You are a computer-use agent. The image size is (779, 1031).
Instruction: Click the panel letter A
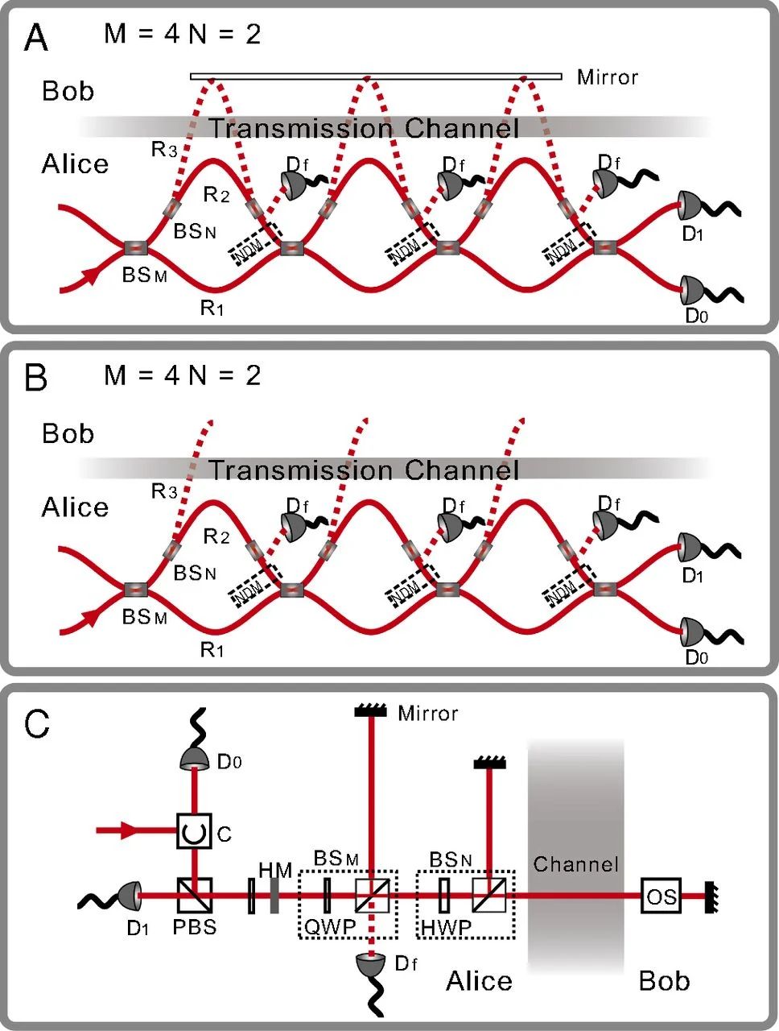click(37, 38)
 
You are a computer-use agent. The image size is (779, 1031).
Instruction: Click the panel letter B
click(37, 379)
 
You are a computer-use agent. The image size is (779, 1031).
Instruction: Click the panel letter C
click(37, 724)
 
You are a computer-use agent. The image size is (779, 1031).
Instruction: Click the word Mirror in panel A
click(608, 78)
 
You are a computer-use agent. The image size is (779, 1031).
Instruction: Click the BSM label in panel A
click(145, 275)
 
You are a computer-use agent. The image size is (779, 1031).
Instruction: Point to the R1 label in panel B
click(212, 649)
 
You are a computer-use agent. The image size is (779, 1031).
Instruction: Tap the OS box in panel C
click(662, 896)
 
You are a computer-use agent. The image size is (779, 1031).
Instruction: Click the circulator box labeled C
click(194, 831)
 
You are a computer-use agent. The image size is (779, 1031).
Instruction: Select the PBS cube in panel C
click(194, 896)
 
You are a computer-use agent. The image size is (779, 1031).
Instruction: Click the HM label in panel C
click(275, 870)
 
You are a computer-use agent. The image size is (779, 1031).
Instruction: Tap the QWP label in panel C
click(329, 927)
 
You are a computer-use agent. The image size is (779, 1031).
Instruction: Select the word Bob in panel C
click(664, 981)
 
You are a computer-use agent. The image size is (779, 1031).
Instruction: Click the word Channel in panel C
click(575, 865)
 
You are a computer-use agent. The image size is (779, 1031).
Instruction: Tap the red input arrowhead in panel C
click(129, 830)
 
